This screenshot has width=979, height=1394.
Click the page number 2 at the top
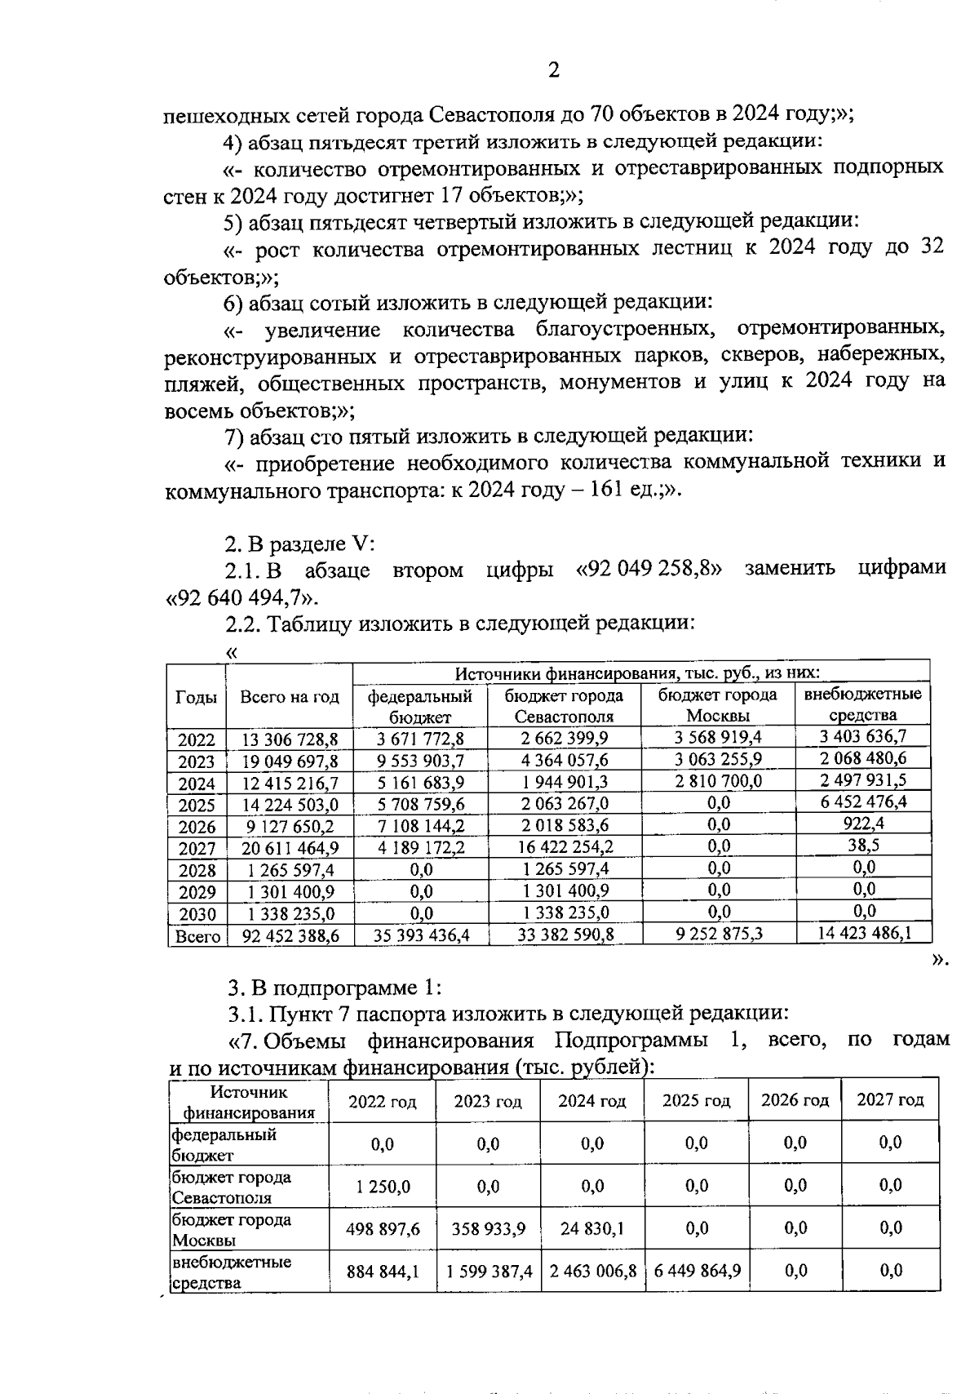click(554, 70)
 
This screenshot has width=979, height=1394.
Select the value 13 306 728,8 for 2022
click(290, 739)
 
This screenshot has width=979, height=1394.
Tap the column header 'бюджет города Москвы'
click(717, 705)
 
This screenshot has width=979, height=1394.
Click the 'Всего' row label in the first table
click(197, 936)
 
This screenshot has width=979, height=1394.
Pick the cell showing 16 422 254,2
click(565, 847)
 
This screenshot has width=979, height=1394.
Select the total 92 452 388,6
click(290, 936)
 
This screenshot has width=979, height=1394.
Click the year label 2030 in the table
click(197, 914)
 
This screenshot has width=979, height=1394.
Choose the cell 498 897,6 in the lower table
click(383, 1228)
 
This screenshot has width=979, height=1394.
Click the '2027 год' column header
click(889, 1099)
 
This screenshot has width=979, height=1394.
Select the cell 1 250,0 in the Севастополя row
click(383, 1186)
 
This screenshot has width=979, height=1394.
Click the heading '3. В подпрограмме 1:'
click(334, 988)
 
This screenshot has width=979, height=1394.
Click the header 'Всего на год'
click(289, 697)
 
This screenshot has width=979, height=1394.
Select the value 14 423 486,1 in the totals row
click(864, 933)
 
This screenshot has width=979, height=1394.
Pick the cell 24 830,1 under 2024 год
click(592, 1228)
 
